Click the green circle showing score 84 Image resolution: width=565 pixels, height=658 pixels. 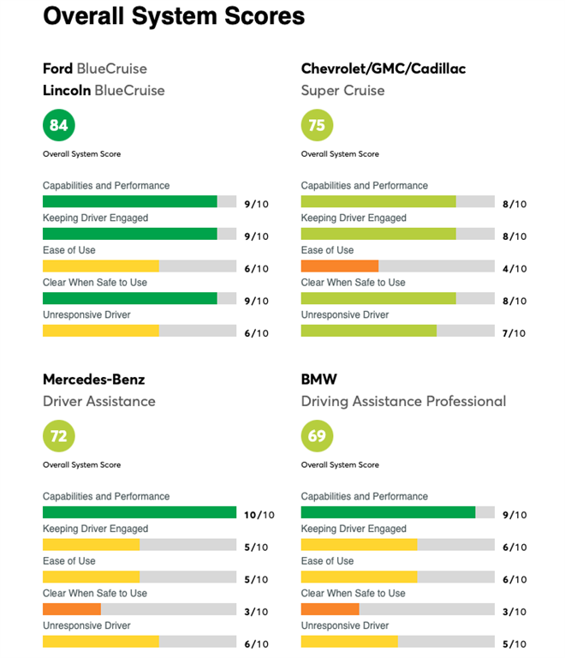(x=59, y=126)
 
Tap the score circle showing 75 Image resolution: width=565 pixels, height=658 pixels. (x=317, y=126)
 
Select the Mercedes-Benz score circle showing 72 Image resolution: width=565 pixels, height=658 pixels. (x=59, y=437)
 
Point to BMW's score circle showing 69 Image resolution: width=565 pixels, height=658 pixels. (x=317, y=437)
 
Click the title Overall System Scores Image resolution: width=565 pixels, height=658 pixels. (x=174, y=15)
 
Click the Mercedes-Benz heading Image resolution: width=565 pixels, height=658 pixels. (x=94, y=379)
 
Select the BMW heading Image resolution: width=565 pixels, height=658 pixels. (x=318, y=379)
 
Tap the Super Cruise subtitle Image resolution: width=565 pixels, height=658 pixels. (x=342, y=90)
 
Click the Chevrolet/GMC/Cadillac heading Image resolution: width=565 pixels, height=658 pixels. (x=384, y=69)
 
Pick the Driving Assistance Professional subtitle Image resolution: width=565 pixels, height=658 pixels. (x=403, y=401)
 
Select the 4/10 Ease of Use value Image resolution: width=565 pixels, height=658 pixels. (x=514, y=268)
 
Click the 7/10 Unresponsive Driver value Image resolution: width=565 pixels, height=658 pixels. (x=514, y=333)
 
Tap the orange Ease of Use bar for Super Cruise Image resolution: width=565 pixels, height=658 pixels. (x=340, y=266)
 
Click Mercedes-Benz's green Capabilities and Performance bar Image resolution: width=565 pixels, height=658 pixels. (x=140, y=512)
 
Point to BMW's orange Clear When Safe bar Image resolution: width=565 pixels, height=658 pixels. (x=330, y=609)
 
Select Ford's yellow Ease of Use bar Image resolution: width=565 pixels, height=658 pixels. (x=101, y=266)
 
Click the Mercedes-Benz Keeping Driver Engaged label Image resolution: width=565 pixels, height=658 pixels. (x=95, y=529)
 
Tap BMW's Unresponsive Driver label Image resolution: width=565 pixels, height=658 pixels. (x=344, y=625)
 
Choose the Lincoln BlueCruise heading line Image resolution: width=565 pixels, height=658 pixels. (x=104, y=90)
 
